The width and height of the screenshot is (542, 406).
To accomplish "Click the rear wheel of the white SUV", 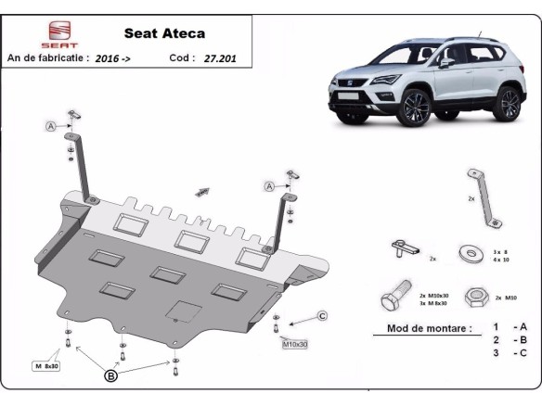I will click(507, 102).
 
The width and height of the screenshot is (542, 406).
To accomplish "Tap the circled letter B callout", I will click(110, 376).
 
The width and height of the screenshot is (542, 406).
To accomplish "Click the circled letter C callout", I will click(322, 316).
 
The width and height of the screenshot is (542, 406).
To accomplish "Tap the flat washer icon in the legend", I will click(469, 252).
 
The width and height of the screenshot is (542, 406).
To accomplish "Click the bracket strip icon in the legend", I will click(484, 196).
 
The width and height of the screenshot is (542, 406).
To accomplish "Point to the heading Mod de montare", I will click(421, 328).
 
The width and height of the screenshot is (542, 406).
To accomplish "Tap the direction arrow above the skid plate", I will click(201, 192).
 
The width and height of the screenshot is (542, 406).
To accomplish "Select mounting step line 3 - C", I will click(510, 353).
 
